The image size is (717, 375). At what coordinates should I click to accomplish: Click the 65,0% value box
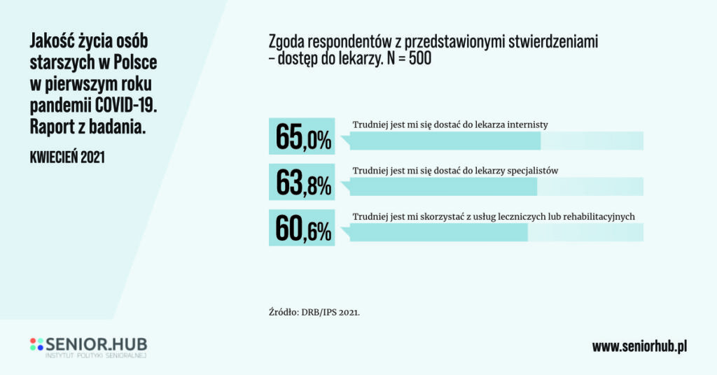(302, 136)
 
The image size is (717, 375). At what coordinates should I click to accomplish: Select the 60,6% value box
(302, 228)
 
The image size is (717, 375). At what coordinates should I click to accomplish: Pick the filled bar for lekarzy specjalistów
(443, 187)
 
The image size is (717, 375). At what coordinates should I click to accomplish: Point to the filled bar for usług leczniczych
(438, 232)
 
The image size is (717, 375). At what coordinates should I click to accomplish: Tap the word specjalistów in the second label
(529, 170)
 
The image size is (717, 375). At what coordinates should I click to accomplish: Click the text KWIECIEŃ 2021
(67, 157)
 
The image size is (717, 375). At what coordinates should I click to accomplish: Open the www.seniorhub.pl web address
(639, 346)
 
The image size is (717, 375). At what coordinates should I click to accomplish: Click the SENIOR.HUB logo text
(96, 344)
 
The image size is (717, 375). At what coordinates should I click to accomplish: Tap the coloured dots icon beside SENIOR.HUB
(36, 344)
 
